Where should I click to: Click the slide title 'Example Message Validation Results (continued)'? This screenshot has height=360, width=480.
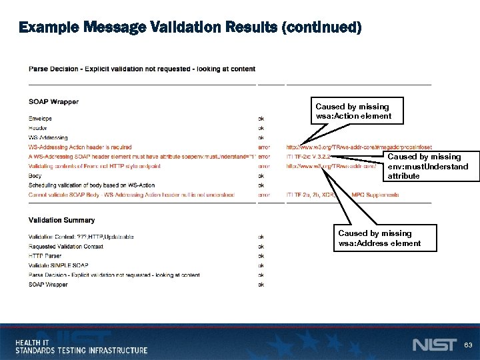190,27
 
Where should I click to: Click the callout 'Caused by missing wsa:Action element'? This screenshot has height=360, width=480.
353,111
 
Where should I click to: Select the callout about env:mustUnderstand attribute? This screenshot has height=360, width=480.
427,167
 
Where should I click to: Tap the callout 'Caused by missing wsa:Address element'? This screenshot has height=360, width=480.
379,238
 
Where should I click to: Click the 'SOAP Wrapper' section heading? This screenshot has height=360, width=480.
53,102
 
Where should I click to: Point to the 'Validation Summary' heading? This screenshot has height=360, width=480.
61,220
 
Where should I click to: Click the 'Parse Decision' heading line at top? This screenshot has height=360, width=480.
141,69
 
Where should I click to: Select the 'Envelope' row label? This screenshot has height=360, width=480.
41,119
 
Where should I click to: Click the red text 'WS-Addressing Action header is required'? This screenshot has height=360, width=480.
80,147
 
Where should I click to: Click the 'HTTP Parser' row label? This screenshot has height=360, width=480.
45,255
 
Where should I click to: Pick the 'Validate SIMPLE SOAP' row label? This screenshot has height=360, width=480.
58,265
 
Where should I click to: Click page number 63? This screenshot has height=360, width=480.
468,345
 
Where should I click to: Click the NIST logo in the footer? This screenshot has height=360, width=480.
434,345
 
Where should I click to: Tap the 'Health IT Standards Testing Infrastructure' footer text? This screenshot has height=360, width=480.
81,346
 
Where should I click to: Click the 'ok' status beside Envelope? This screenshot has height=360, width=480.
261,119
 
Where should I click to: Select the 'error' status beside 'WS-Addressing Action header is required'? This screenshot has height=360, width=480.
264,147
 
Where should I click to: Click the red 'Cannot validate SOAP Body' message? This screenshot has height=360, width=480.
131,195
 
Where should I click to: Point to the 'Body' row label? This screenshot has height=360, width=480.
35,176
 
